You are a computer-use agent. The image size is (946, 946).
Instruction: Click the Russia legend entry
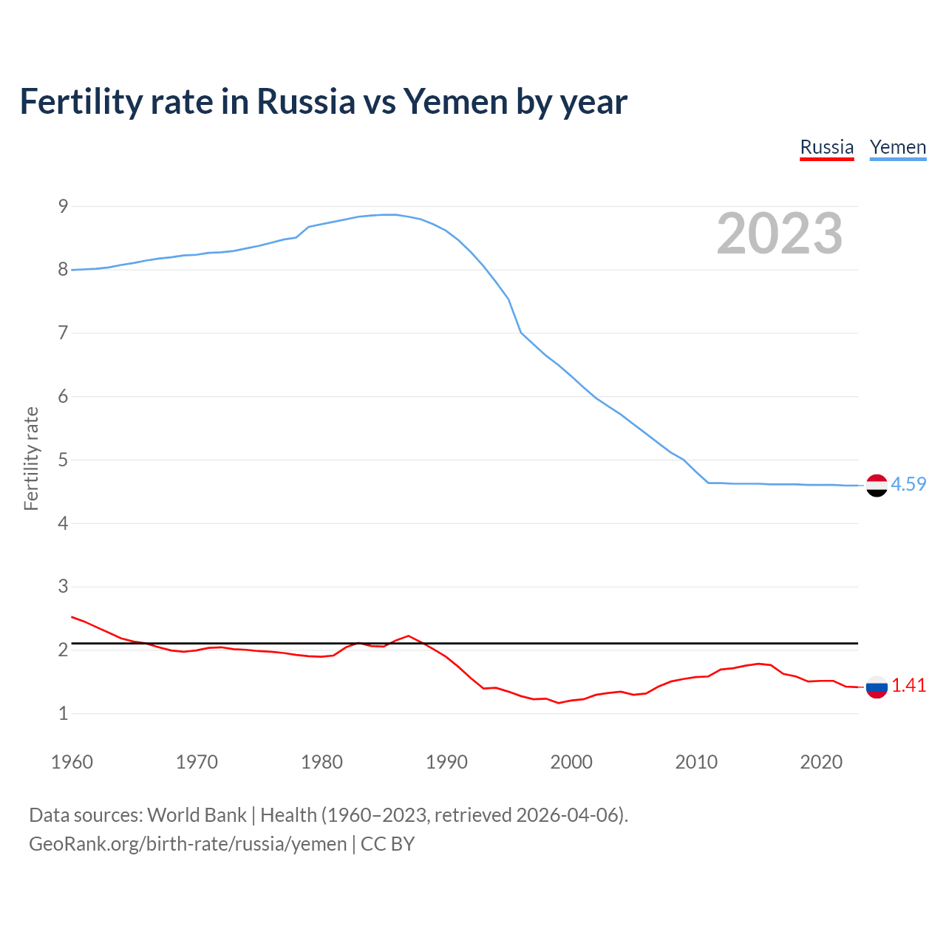click(827, 147)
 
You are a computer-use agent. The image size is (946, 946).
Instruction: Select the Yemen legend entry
click(898, 147)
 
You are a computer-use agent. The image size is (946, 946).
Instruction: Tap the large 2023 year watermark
click(780, 234)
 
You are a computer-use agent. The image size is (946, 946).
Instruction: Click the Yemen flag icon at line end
click(877, 485)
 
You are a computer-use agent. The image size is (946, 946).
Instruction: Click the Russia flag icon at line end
click(877, 687)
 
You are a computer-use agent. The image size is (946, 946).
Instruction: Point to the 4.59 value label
click(908, 484)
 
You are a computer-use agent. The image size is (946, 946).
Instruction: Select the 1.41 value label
click(908, 685)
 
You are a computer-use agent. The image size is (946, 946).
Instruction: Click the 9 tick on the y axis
click(64, 206)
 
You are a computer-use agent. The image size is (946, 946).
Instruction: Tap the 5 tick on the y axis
click(64, 460)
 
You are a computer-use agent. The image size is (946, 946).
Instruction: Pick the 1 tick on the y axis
click(64, 713)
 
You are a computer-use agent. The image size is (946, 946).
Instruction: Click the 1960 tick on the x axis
click(72, 762)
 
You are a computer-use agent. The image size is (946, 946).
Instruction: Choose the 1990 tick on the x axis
click(446, 762)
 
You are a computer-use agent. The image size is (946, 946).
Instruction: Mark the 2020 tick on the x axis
click(821, 762)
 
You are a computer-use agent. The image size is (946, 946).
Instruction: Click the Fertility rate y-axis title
click(31, 458)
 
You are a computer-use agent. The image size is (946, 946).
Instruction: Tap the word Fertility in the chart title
click(81, 101)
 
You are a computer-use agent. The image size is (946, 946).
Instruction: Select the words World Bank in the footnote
click(197, 814)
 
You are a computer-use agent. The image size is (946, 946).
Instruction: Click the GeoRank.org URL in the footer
click(188, 843)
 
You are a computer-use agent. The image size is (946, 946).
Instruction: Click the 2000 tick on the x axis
click(571, 762)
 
